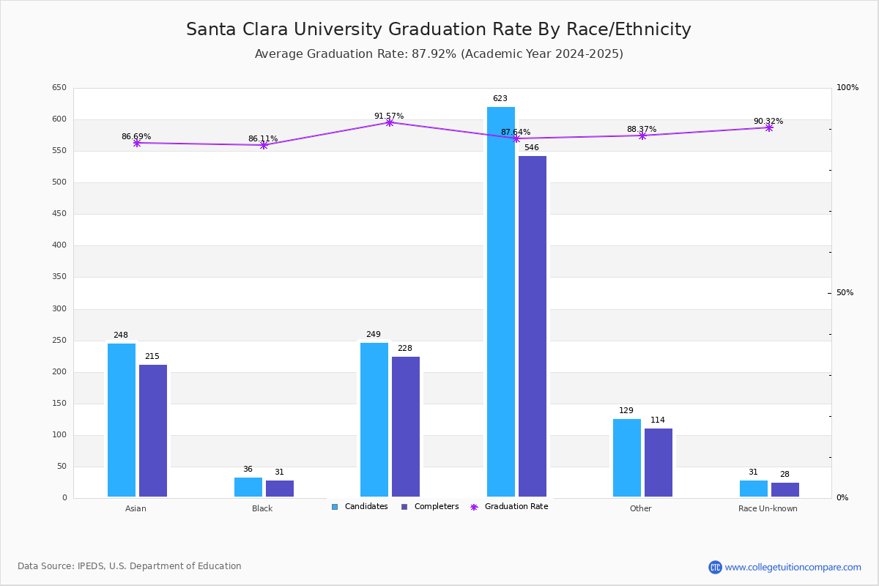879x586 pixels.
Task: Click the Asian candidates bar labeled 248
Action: tap(122, 420)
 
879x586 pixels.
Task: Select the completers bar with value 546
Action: tap(533, 326)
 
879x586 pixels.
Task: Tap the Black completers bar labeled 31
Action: tap(280, 489)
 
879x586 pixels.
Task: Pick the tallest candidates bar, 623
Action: tap(501, 302)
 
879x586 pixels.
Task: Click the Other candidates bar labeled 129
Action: tap(627, 458)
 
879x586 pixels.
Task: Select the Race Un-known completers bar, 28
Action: tap(785, 490)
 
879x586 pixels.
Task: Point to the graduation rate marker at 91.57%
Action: tap(389, 123)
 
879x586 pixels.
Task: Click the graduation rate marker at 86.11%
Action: tap(264, 145)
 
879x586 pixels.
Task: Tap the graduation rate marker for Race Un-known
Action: tap(769, 128)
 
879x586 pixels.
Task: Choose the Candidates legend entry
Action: tap(360, 507)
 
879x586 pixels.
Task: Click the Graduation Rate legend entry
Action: tap(509, 507)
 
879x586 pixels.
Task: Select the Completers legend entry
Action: tap(430, 507)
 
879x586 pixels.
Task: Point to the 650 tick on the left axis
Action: tap(59, 87)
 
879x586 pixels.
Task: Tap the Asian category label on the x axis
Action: tap(136, 508)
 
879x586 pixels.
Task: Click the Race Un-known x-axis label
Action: tap(768, 508)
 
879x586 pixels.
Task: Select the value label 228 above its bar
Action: tap(405, 348)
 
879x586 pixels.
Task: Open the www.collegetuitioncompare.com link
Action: tap(793, 567)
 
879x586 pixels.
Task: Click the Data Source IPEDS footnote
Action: tap(130, 566)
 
